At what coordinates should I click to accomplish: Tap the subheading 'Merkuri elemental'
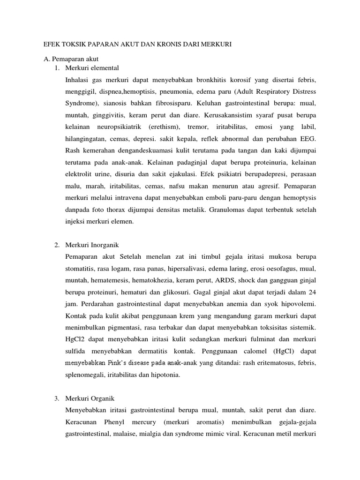(93, 68)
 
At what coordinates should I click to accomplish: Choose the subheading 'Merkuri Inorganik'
(92, 245)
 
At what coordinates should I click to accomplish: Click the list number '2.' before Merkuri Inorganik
(56, 245)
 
